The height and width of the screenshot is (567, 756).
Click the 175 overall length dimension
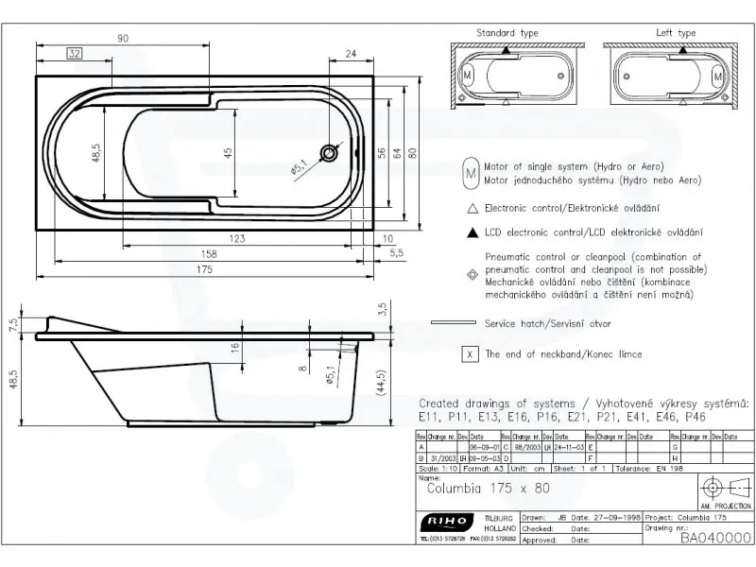(x=205, y=269)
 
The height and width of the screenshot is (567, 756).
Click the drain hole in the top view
(x=328, y=152)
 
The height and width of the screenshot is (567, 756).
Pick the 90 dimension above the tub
(x=123, y=38)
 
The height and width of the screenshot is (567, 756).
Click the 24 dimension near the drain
(x=352, y=53)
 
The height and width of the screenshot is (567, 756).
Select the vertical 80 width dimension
(x=412, y=151)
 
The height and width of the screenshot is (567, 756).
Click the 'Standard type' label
(x=507, y=33)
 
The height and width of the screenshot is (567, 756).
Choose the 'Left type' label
(x=676, y=33)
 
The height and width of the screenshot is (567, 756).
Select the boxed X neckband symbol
(x=470, y=354)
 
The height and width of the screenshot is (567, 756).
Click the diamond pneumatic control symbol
(x=470, y=274)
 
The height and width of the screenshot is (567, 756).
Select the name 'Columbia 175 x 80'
(x=488, y=489)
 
